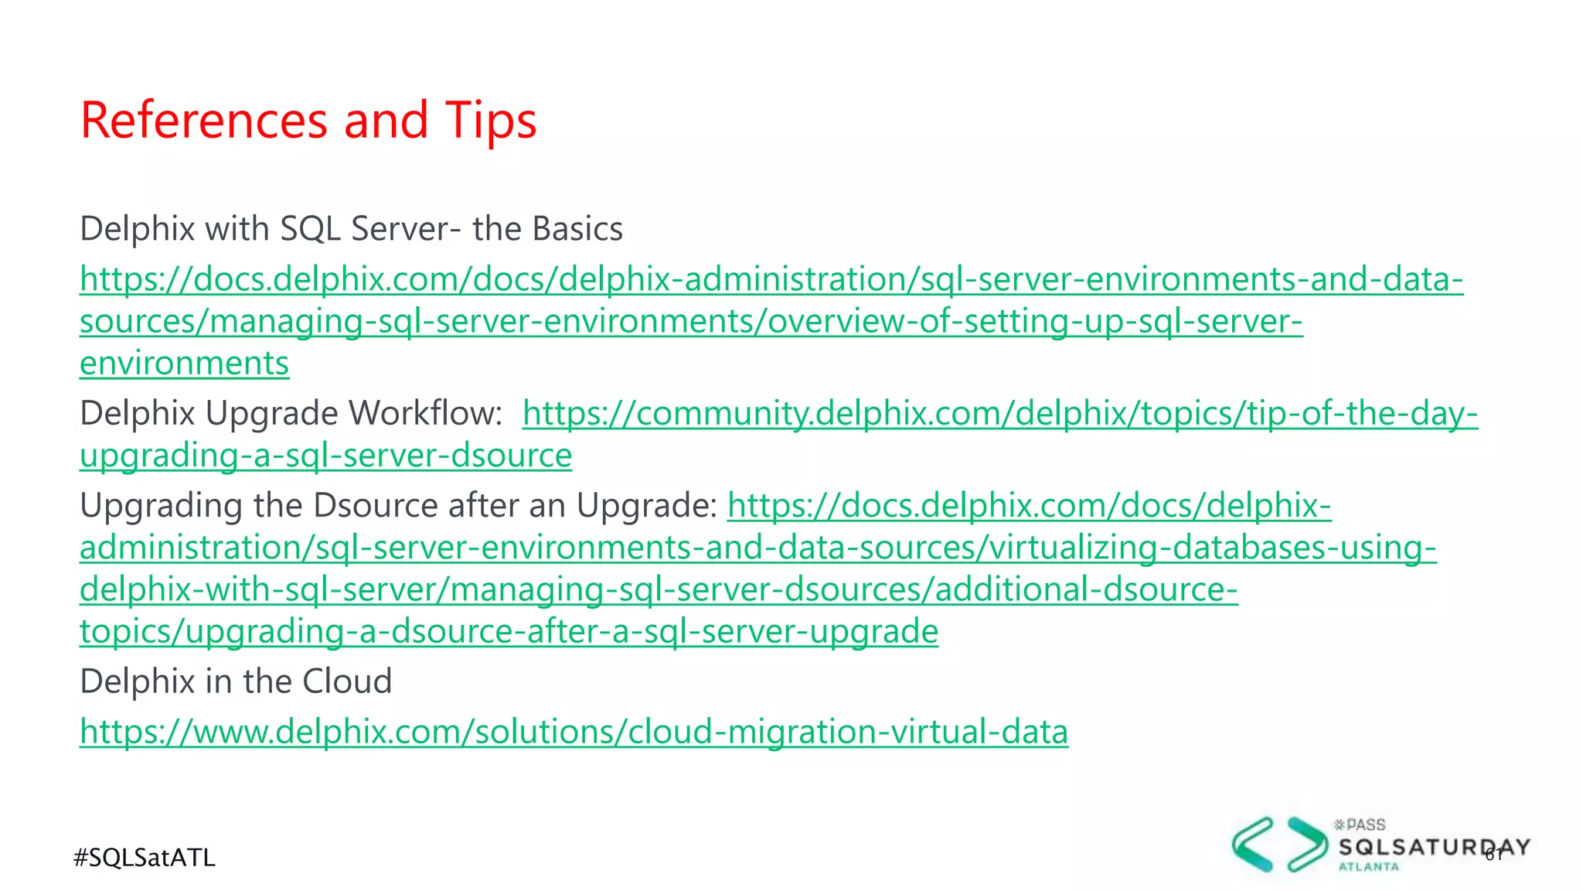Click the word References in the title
pyautogui.click(x=204, y=121)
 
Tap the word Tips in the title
pyautogui.click(x=490, y=121)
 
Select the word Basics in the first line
pyautogui.click(x=577, y=229)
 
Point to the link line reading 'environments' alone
pyautogui.click(x=184, y=364)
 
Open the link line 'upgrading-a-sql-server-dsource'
pyautogui.click(x=325, y=456)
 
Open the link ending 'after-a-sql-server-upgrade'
pyautogui.click(x=509, y=632)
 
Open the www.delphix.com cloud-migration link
pyautogui.click(x=574, y=732)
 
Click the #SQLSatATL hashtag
pyautogui.click(x=145, y=858)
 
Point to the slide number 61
pyautogui.click(x=1493, y=854)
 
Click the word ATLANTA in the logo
pyautogui.click(x=1368, y=867)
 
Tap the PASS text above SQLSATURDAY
pyautogui.click(x=1365, y=825)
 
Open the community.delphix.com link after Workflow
pyautogui.click(x=999, y=414)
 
